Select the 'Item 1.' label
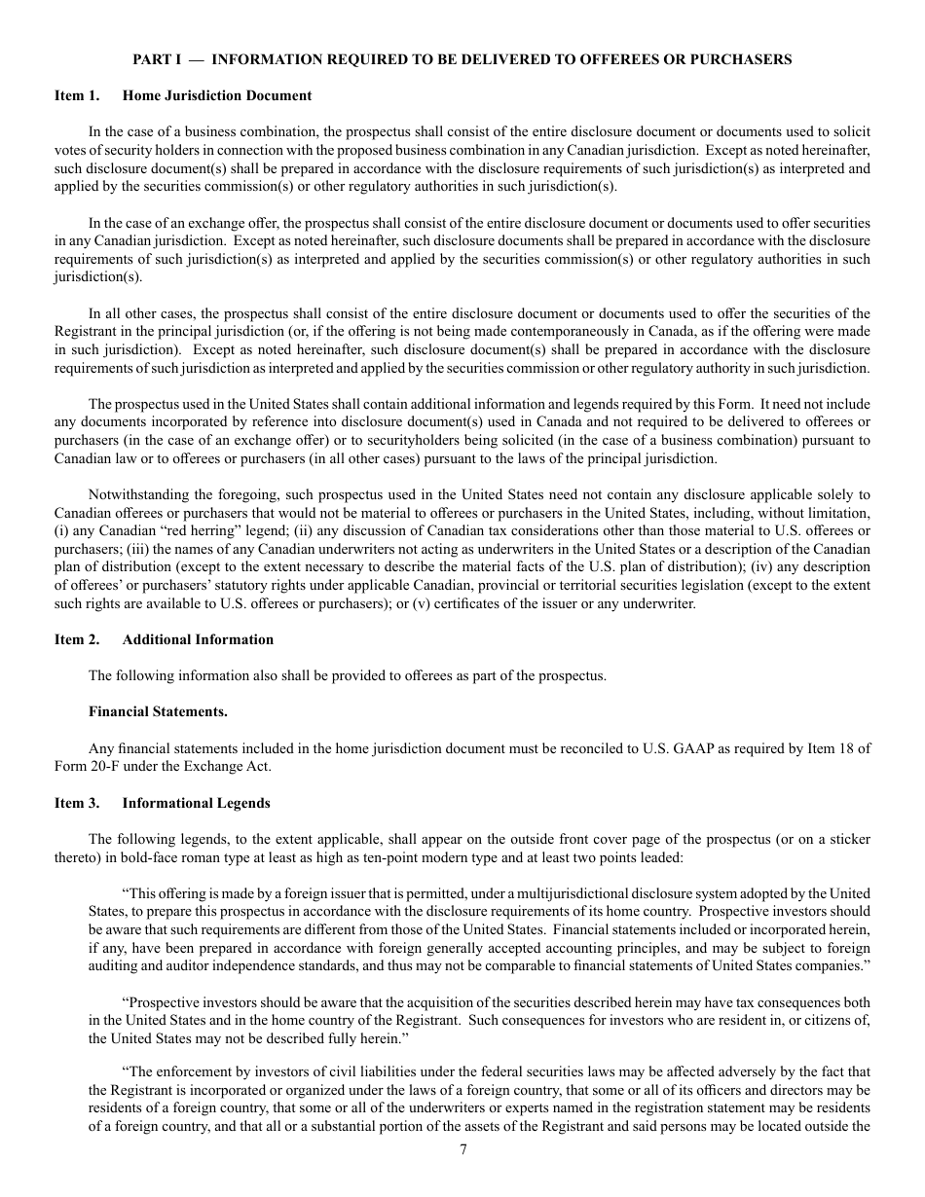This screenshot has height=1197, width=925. (77, 95)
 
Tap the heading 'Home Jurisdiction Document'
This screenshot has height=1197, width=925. (217, 95)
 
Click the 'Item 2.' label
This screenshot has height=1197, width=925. (77, 639)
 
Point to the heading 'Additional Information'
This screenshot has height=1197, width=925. (198, 639)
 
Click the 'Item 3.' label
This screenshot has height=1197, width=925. (77, 803)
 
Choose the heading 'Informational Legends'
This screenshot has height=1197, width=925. (196, 803)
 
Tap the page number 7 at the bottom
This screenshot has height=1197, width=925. (463, 1149)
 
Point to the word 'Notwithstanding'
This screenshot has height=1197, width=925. (134, 495)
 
